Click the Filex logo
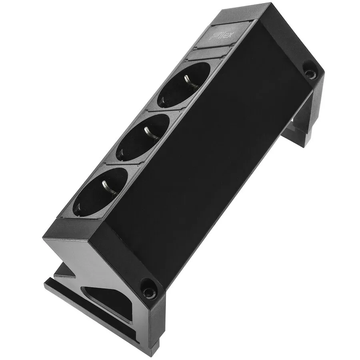coord(222,36)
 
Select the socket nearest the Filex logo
coord(184,84)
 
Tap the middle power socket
coord(142,137)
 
